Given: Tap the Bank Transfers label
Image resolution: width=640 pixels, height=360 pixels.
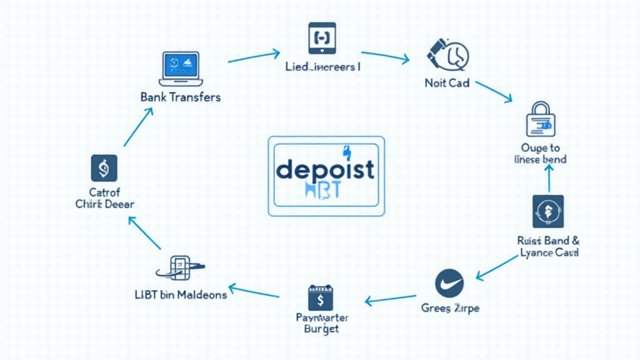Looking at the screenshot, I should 181,97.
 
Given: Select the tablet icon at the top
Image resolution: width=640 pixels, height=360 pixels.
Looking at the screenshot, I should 322,39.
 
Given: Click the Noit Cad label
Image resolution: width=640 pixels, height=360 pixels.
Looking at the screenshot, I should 447,83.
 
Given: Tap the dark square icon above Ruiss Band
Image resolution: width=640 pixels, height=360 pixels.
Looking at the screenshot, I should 547,211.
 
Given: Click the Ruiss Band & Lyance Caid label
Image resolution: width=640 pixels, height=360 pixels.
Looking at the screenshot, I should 548,247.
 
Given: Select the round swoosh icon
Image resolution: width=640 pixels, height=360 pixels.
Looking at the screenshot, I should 449,284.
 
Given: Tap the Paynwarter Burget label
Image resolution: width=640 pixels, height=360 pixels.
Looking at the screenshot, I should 322,323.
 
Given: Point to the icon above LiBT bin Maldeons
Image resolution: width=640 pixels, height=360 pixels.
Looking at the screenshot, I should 180,267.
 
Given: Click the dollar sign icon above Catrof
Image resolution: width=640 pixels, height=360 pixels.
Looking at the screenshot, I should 104,169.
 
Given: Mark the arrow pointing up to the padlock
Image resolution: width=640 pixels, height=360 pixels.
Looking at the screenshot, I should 550,181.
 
